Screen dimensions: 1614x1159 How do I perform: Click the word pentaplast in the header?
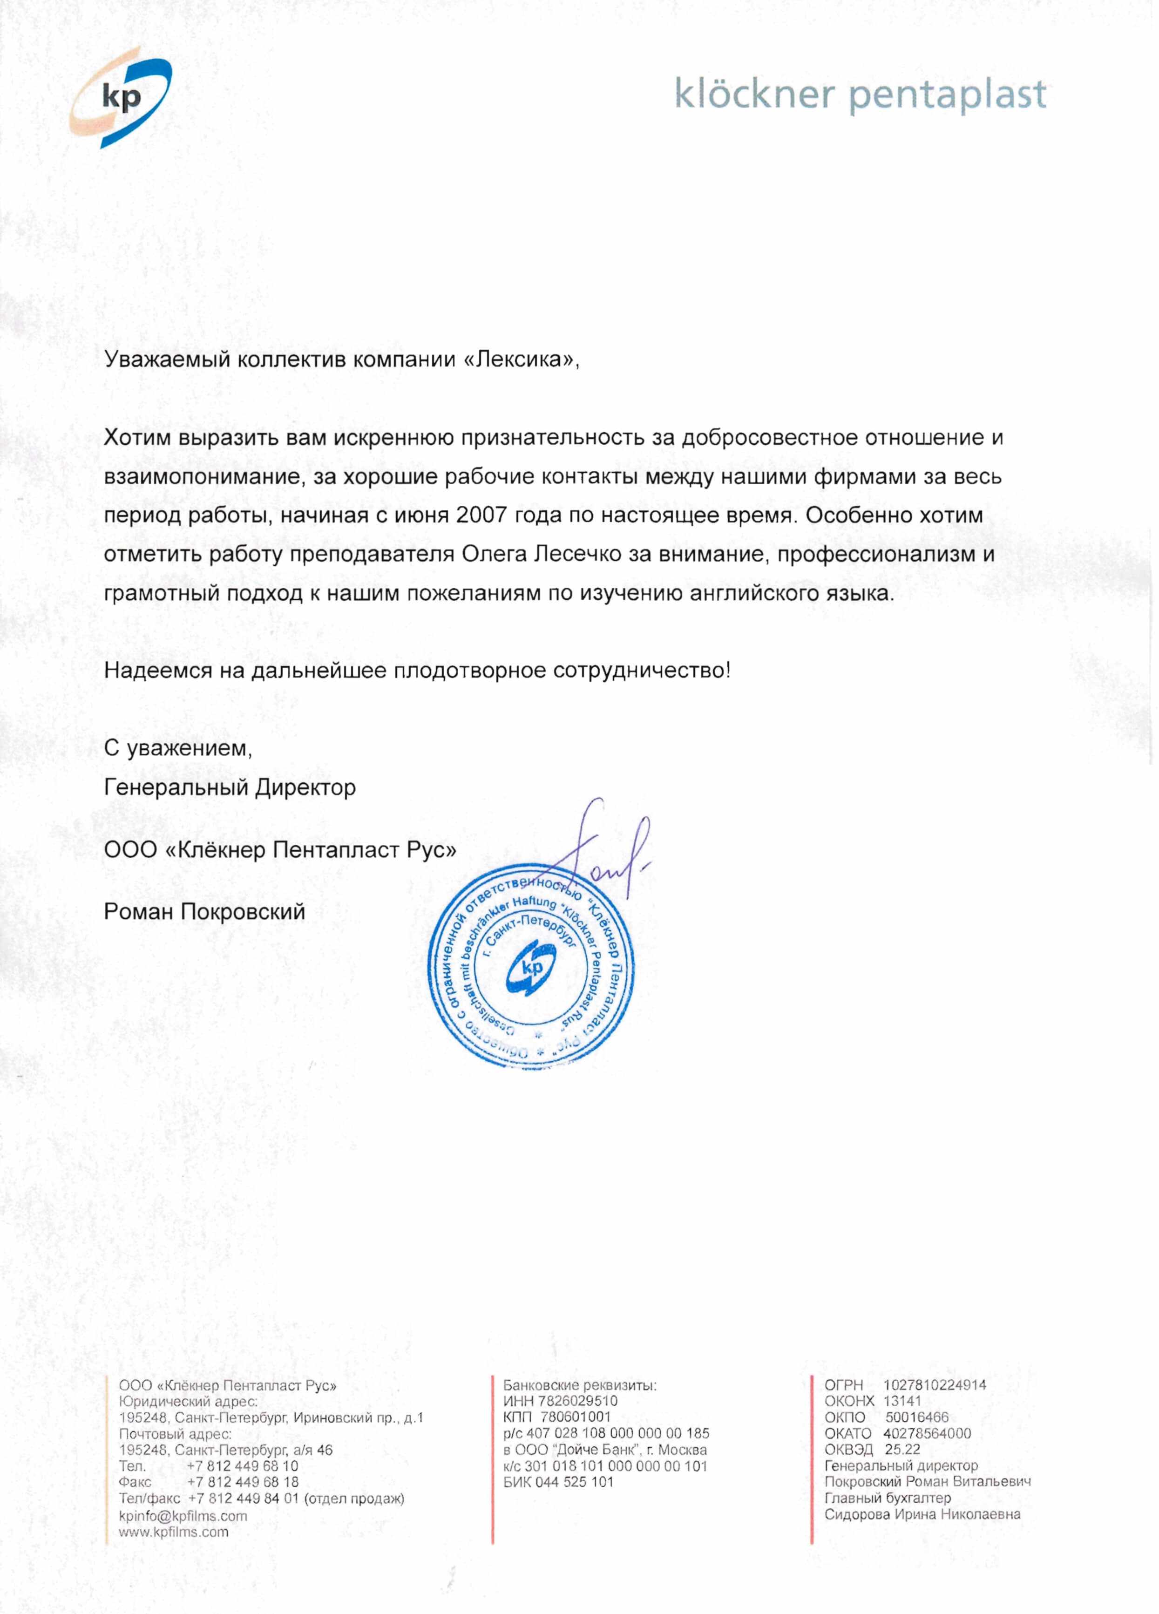pyautogui.click(x=948, y=95)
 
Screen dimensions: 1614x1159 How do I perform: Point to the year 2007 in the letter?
pyautogui.click(x=481, y=515)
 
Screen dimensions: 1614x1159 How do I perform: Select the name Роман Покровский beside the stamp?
pyautogui.click(x=204, y=912)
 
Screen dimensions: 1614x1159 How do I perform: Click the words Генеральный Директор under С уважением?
pyautogui.click(x=230, y=788)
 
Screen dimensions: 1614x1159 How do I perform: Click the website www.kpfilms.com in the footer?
pyautogui.click(x=174, y=1532)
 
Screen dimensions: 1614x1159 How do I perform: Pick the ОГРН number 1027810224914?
pyautogui.click(x=934, y=1385)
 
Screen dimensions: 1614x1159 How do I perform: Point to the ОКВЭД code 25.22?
pyautogui.click(x=902, y=1450)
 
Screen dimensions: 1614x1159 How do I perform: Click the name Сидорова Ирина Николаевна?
pyautogui.click(x=922, y=1514)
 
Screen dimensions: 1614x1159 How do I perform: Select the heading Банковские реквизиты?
pyautogui.click(x=580, y=1385)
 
